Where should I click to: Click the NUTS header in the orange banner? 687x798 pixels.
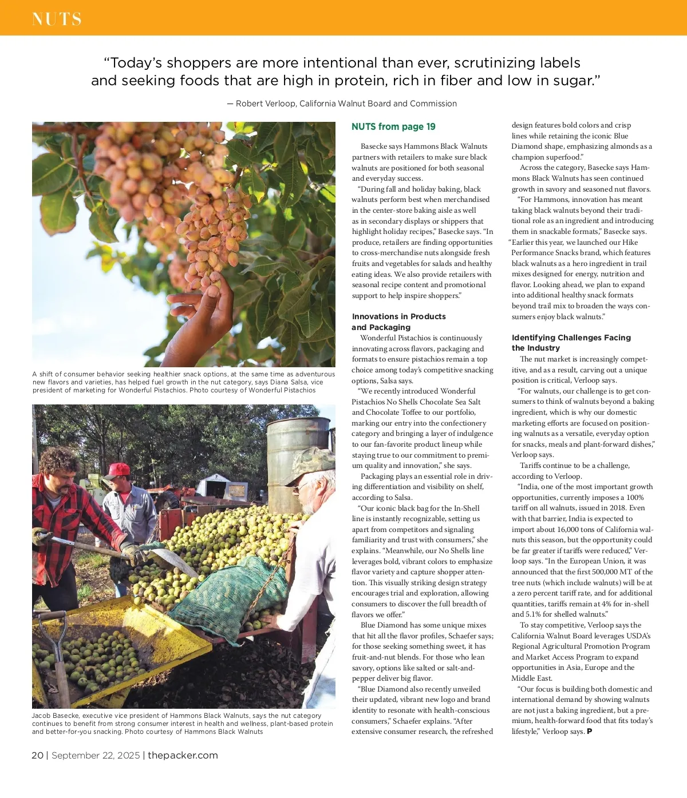[57, 19]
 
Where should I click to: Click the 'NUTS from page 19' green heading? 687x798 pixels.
[393, 126]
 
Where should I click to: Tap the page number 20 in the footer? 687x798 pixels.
[37, 755]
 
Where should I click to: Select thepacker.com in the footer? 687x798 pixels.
[183, 755]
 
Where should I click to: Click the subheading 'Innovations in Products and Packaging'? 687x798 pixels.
[398, 321]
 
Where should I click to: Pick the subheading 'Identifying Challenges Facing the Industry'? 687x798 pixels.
[571, 343]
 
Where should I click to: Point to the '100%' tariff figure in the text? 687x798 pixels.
[634, 497]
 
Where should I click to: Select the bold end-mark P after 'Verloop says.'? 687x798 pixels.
[590, 732]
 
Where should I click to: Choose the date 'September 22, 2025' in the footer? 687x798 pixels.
[96, 755]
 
